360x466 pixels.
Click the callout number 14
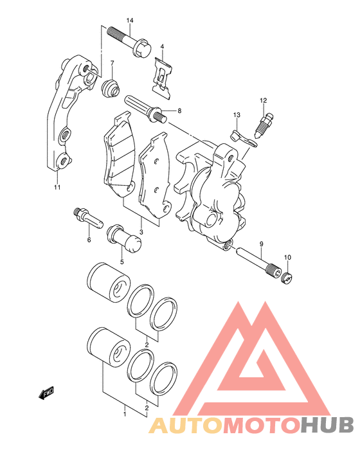click(x=130, y=21)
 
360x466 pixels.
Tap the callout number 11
click(x=57, y=187)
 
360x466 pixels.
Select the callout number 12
click(x=263, y=100)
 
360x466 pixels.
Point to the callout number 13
click(x=237, y=114)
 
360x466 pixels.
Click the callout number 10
click(x=287, y=257)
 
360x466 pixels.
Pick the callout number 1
click(x=125, y=414)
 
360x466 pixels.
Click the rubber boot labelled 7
click(x=111, y=88)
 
